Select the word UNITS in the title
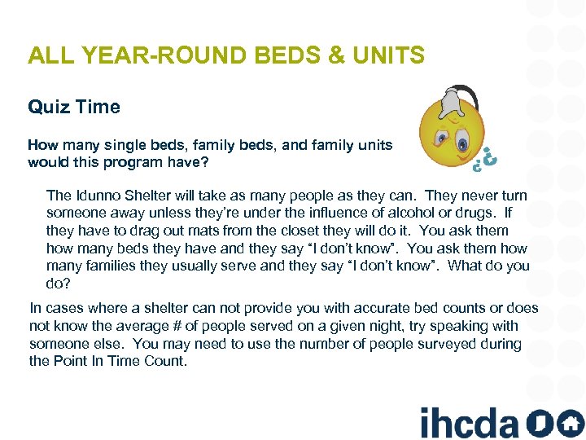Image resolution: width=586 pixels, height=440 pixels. [392, 55]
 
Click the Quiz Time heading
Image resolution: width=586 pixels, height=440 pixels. [73, 107]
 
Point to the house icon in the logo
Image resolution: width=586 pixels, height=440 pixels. [569, 423]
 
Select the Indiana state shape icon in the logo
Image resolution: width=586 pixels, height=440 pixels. [537, 423]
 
